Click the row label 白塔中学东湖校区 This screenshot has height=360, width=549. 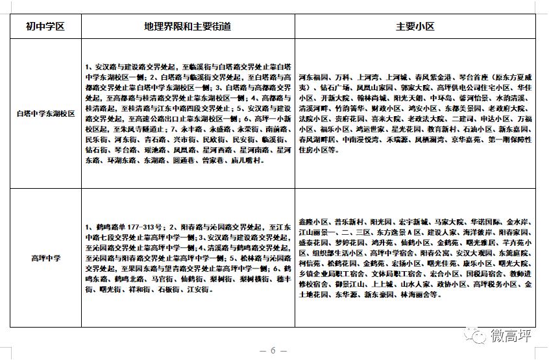45,113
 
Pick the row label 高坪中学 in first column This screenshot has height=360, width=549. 45,258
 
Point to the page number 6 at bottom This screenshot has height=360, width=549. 273,351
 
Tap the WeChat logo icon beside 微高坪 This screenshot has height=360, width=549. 479,336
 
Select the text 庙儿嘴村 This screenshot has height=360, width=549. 247,160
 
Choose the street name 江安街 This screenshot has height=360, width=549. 198,289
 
